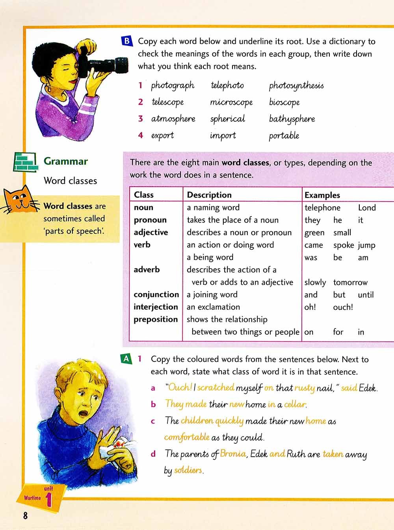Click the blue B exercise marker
(x=127, y=41)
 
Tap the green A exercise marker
(x=126, y=358)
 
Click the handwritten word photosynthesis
(x=296, y=86)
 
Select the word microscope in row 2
(x=231, y=102)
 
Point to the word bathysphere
(x=292, y=119)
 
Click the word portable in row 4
(x=284, y=136)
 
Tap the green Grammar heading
(x=66, y=161)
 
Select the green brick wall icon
(x=26, y=162)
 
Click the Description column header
(x=209, y=195)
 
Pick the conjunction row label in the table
(x=156, y=295)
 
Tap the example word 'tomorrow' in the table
(x=350, y=282)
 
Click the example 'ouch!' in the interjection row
(x=343, y=307)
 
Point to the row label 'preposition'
(x=156, y=319)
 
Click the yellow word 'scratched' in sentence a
(x=216, y=387)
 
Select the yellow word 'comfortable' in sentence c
(x=187, y=437)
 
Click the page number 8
(x=26, y=515)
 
